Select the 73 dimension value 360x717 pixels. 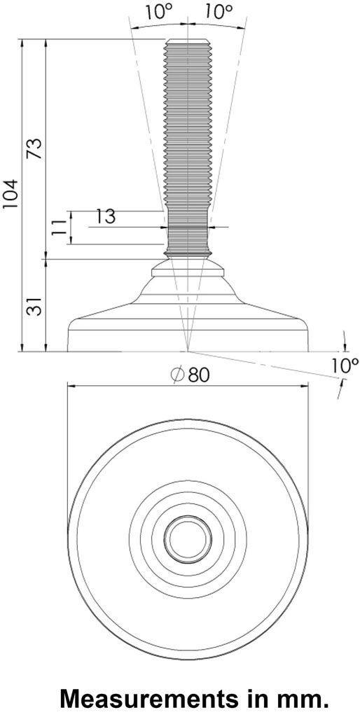coord(34,148)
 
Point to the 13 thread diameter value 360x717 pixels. coord(105,216)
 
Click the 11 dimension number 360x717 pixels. coord(60,227)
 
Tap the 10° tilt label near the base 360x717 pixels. coord(343,364)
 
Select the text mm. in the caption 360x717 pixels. coord(302,698)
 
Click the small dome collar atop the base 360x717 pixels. coord(187,268)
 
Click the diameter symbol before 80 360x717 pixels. coord(176,375)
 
